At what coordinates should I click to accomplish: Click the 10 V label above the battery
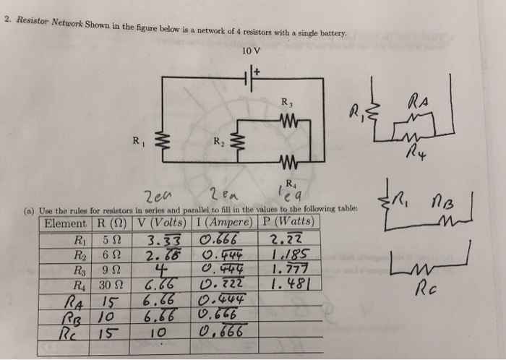pyautogui.click(x=252, y=51)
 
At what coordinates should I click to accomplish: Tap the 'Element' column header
pyautogui.click(x=65, y=221)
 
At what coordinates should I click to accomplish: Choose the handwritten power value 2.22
pyautogui.click(x=283, y=239)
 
